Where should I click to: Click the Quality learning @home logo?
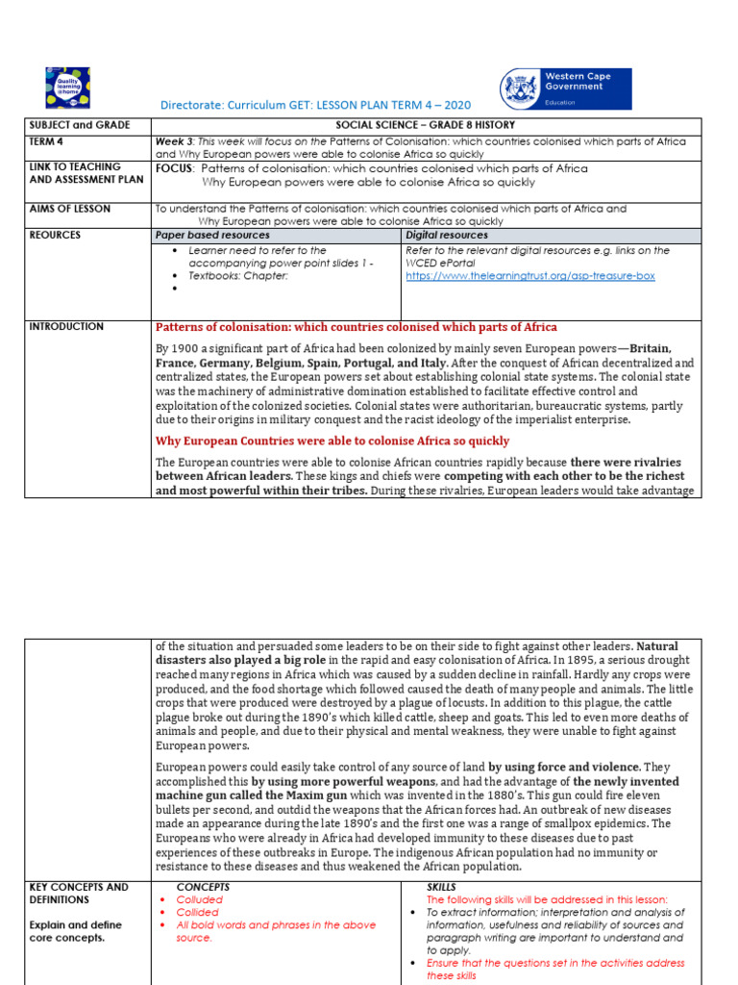67,88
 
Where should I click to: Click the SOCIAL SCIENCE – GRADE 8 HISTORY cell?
426,125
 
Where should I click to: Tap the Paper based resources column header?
212,235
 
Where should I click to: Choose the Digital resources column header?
447,235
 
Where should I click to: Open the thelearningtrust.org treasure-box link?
529,276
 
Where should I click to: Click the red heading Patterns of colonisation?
356,328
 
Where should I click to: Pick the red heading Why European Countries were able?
332,441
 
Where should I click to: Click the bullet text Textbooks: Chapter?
238,275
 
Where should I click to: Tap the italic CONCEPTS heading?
204,886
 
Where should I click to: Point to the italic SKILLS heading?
441,886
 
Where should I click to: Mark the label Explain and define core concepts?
76,931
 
